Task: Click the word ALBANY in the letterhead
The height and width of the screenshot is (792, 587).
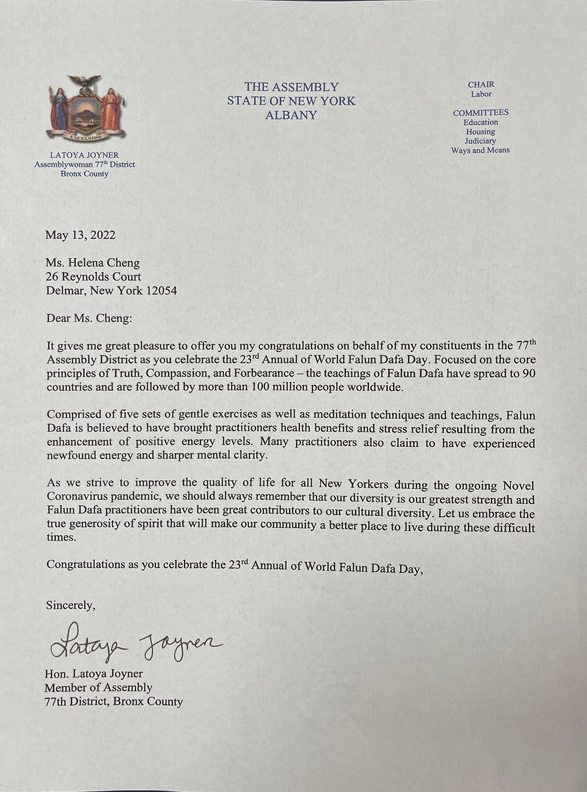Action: pos(291,115)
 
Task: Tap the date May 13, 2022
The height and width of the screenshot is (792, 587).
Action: pos(81,235)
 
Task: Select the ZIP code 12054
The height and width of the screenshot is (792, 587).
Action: pos(161,291)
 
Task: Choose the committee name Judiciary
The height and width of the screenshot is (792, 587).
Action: pos(480,141)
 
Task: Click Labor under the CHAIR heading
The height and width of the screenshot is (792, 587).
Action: pos(481,94)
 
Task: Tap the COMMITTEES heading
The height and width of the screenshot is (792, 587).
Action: pos(480,113)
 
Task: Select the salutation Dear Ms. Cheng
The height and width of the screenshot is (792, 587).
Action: pos(89,318)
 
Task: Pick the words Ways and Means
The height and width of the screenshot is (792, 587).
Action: pos(480,150)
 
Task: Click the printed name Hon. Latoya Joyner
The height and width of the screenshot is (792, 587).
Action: pos(94,674)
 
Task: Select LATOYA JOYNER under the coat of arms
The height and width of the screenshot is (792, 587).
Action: pos(85,156)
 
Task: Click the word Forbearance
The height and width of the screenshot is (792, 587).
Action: pos(264,373)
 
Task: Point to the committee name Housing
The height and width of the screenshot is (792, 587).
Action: pos(480,132)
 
